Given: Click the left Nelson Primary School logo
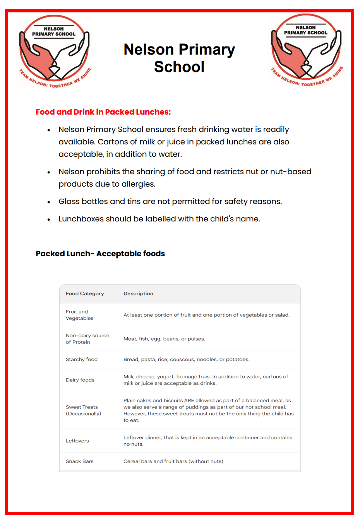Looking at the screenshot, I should coord(54,51).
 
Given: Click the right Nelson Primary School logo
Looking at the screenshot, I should coord(306,50).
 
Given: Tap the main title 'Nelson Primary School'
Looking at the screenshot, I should coord(179,58).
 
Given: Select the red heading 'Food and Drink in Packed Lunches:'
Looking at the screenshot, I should coord(103,112).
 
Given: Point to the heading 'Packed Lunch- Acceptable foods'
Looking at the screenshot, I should coord(100,254).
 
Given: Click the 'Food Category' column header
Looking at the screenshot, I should coord(85,294).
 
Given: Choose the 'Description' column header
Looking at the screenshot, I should coord(138,294).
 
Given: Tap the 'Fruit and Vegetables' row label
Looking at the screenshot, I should coord(79,315).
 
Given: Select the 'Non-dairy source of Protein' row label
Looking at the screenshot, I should coord(87,339).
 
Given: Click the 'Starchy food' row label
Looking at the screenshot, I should coord(81,360).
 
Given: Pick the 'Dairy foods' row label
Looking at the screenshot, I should coord(80,380).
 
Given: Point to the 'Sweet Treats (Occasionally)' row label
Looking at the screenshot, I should coord(83,410).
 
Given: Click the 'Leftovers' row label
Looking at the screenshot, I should coord(77,441).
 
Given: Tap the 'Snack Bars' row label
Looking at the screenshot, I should coord(79,461).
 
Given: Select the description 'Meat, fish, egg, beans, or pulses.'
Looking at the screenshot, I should coord(164,339).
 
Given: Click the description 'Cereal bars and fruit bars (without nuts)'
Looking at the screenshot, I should coord(173,461).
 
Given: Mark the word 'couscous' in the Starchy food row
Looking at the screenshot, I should coord(182,360).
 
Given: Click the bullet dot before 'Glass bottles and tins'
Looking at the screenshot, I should coord(49,202).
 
